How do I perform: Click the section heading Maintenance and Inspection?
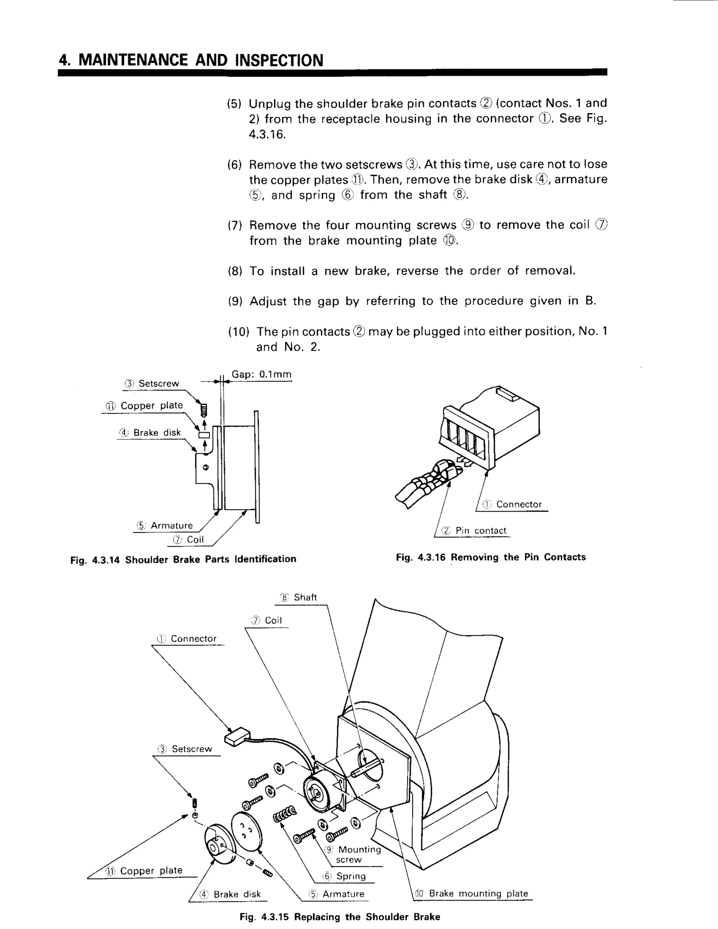pos(191,60)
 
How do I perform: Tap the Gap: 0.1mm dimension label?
pos(261,374)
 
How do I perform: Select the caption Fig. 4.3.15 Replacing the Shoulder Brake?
pos(339,917)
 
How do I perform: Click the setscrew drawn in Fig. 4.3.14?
pos(204,411)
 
